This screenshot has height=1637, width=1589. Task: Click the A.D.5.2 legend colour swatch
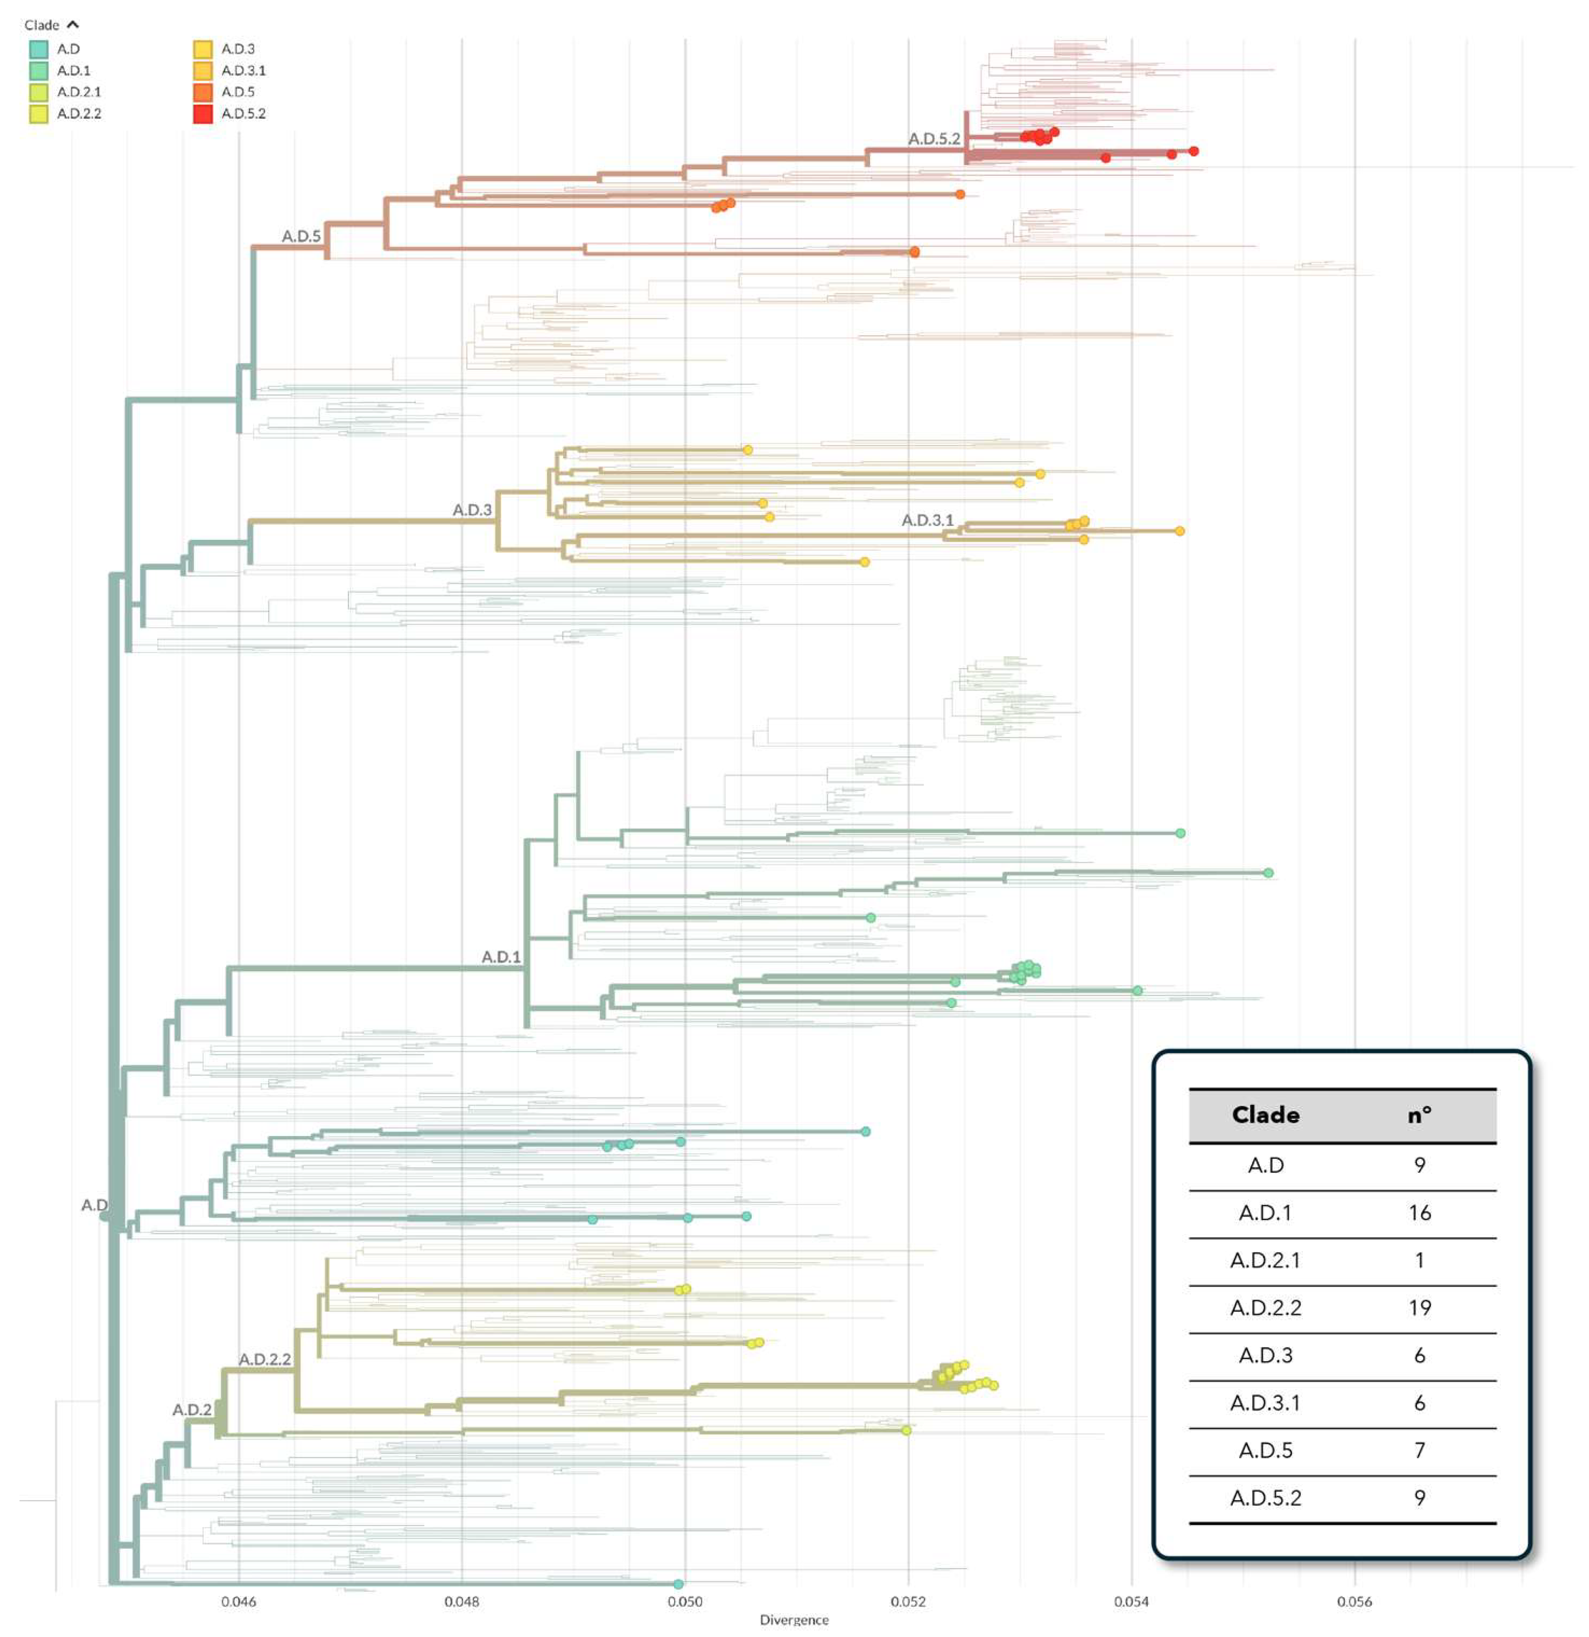[x=202, y=114]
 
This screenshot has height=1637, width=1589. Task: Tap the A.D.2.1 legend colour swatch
[x=39, y=92]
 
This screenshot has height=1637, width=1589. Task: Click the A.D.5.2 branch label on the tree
[x=933, y=138]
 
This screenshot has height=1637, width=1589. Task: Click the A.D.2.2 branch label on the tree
[x=265, y=1359]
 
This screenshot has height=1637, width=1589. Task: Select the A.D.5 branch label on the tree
[x=301, y=236]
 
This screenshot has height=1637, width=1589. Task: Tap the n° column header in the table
[x=1420, y=1115]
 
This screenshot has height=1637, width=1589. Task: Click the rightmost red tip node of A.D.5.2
[x=1194, y=151]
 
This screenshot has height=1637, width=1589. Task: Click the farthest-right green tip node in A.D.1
[x=1268, y=873]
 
